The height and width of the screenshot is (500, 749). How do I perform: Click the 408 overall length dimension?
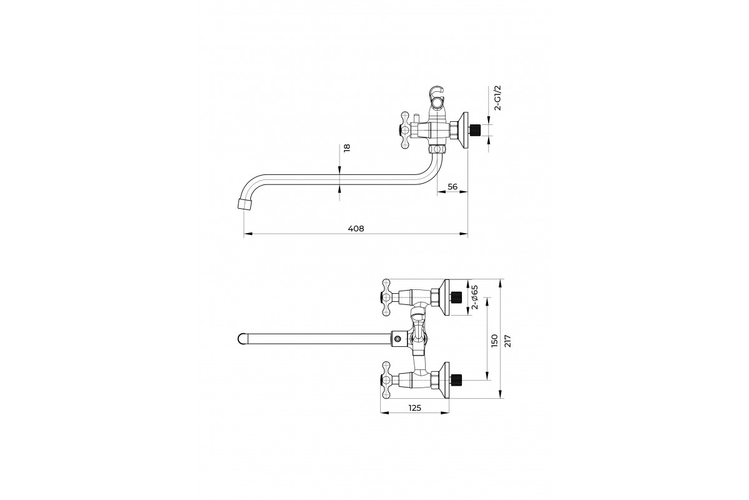pos(356,229)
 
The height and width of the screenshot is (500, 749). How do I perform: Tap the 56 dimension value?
pos(452,187)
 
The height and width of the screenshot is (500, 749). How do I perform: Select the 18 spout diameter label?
pos(347,148)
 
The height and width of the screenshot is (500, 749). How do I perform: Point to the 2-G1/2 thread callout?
pos(498,97)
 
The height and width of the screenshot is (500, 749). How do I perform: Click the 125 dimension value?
pos(414,408)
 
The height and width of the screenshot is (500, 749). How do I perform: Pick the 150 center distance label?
pos(494,341)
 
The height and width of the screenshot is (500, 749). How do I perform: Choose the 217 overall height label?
pos(507,341)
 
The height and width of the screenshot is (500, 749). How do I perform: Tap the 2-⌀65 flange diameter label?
pos(474,297)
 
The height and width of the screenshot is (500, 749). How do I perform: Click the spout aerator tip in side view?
pos(245,204)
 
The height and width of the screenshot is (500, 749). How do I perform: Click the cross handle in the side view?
pos(405,130)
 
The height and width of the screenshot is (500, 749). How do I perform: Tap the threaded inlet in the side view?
pos(475,130)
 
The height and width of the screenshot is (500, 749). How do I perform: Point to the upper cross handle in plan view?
pos(386,297)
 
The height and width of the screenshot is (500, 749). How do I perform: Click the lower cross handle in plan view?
pos(386,380)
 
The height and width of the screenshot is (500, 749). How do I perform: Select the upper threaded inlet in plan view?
pos(456,297)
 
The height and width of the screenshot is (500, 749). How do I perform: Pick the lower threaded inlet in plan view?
pos(456,380)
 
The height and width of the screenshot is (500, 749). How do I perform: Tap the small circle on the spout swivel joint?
pos(397,339)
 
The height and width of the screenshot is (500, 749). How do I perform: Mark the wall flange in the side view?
pos(463,130)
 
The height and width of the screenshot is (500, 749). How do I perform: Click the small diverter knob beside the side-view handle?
pos(416,119)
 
